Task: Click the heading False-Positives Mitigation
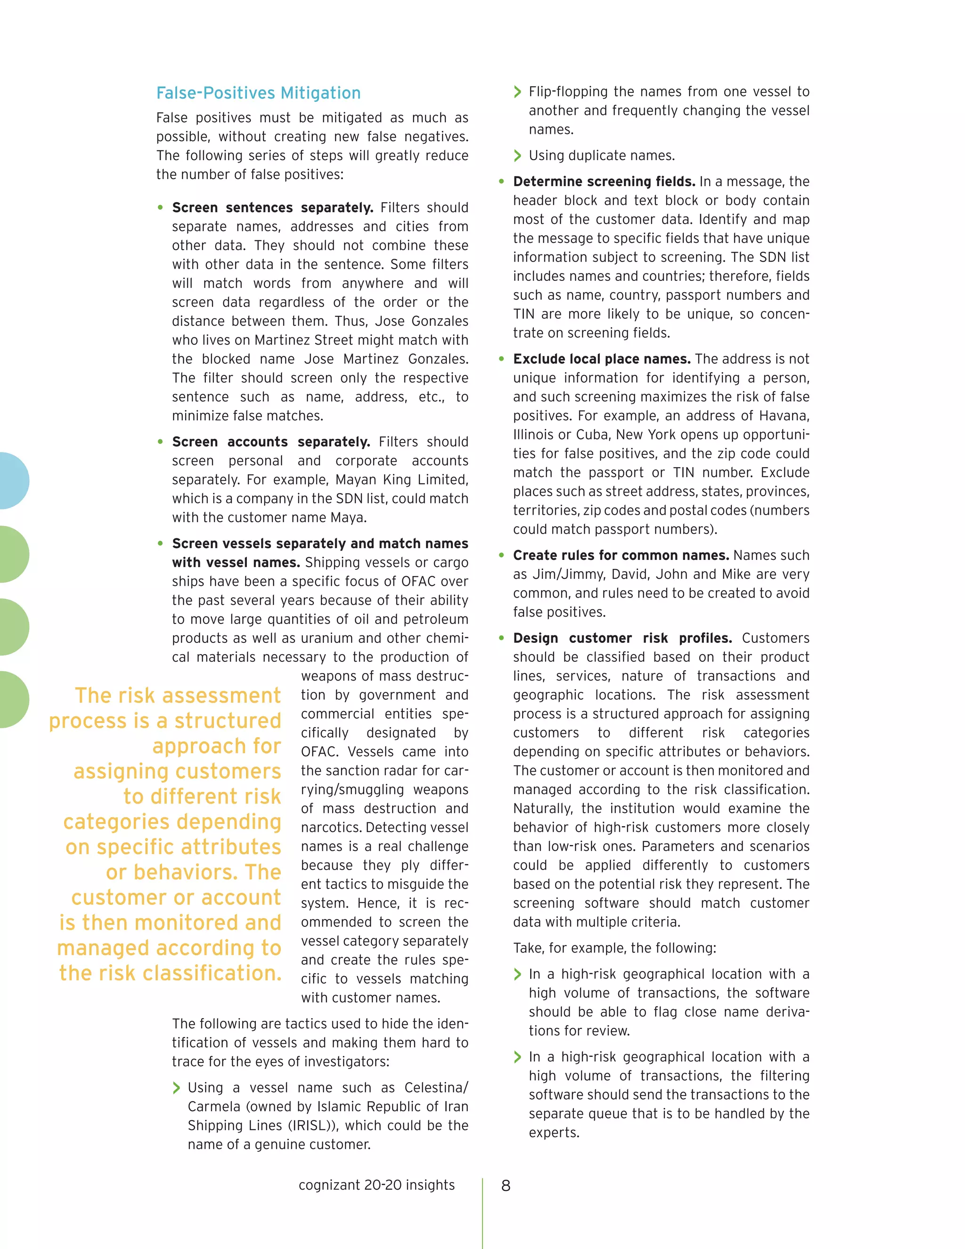click(x=258, y=93)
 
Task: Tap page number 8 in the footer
click(x=506, y=1185)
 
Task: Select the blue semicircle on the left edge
click(x=13, y=480)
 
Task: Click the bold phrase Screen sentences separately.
click(x=272, y=207)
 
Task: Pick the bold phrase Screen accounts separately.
click(x=270, y=442)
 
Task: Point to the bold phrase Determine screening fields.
click(x=604, y=182)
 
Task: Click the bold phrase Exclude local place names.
click(x=601, y=359)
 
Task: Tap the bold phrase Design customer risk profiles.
click(x=622, y=638)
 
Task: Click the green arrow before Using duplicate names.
click(x=517, y=156)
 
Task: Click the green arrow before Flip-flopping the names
click(x=517, y=92)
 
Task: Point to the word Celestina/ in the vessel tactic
click(x=436, y=1088)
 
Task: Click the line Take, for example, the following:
click(x=614, y=948)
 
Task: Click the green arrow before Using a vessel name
click(x=177, y=1088)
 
